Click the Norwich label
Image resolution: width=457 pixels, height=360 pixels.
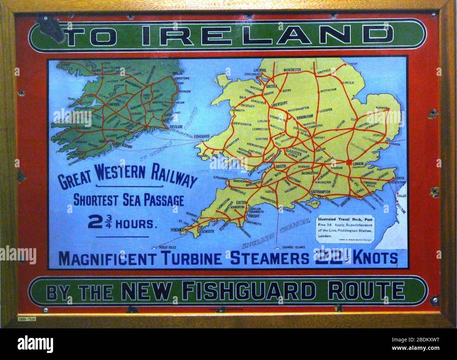pyautogui.click(x=381, y=98)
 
